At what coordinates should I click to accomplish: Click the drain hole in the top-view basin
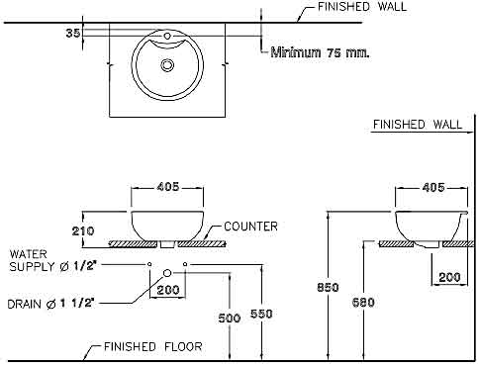pos(167,65)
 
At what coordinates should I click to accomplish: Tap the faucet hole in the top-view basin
pos(167,36)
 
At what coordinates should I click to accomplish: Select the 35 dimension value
pos(73,33)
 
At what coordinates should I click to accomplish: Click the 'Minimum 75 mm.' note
pos(320,52)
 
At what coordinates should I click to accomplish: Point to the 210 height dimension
pos(83,230)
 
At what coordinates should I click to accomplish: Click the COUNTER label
pos(250,227)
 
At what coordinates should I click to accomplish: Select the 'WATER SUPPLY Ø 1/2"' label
pos(52,260)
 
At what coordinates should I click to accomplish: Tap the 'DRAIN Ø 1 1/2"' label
pos(51,304)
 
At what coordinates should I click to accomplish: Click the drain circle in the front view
pos(167,273)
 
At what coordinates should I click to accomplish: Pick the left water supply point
pos(149,264)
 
